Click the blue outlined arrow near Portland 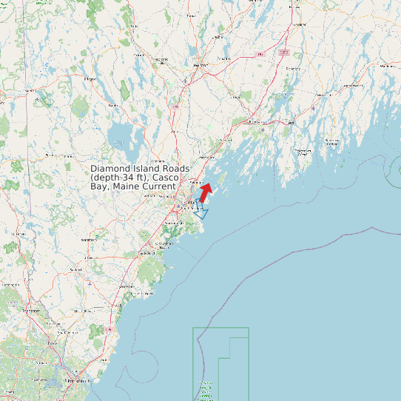[200, 210]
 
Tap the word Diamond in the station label [109, 169]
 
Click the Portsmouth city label [72, 380]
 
